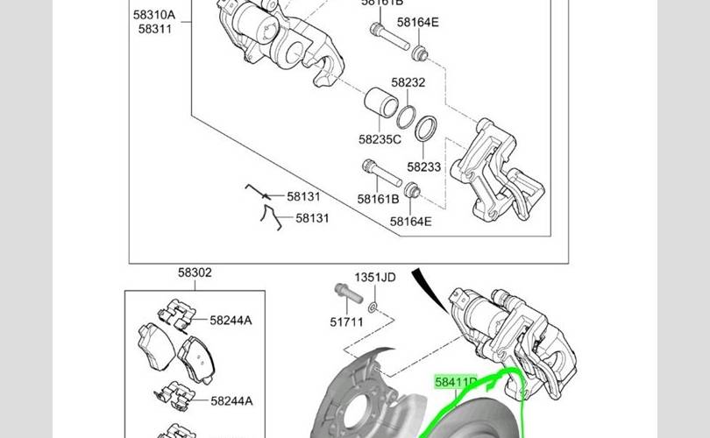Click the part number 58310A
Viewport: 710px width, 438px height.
pos(154,15)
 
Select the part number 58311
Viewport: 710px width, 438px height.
pos(154,29)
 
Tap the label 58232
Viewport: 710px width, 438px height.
pos(408,82)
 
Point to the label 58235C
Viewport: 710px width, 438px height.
pos(380,139)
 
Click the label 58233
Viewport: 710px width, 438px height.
pos(423,165)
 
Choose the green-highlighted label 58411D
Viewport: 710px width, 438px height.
pos(456,382)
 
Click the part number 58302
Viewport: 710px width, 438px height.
pos(195,273)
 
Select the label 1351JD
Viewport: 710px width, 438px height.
pos(375,278)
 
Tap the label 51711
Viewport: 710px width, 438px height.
pos(347,322)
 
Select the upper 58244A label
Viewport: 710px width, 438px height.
pos(231,321)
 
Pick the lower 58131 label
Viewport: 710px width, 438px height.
pos(312,217)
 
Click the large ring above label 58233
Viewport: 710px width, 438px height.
pos(426,128)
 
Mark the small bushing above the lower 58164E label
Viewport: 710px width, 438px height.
pos(414,192)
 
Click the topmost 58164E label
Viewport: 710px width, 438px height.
pos(418,22)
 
